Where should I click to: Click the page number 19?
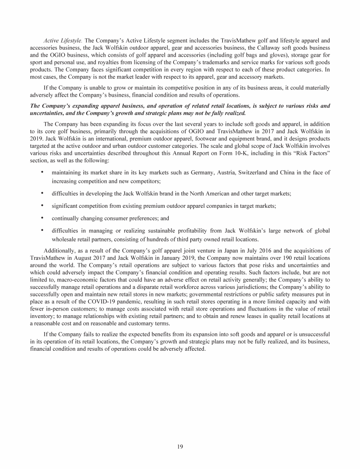[180, 446]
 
